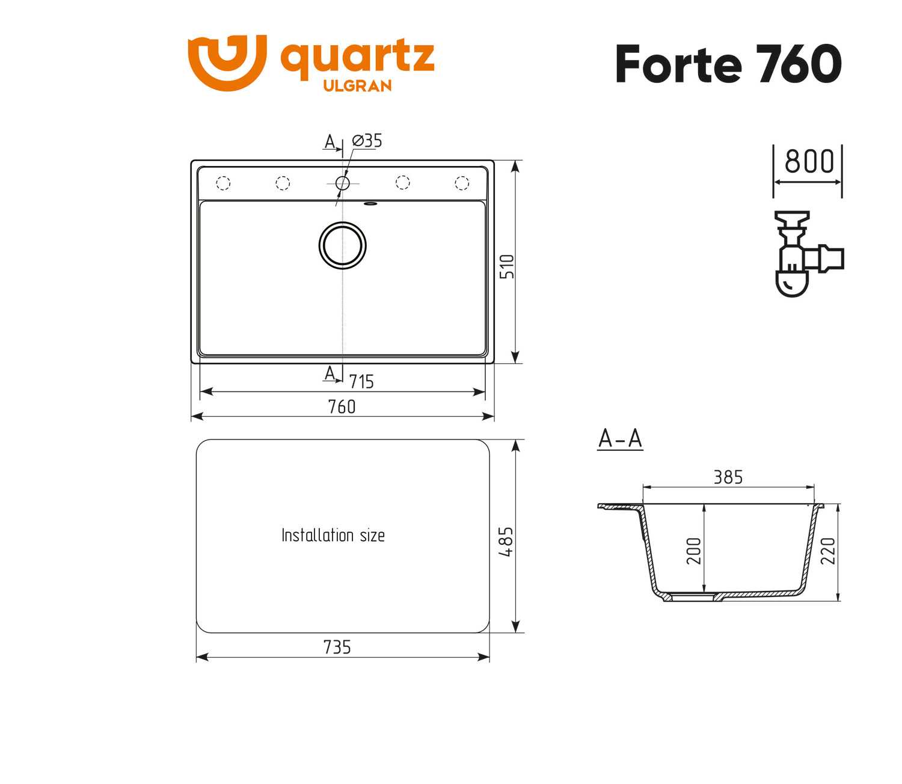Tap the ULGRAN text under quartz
tap(358, 86)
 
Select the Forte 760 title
tap(728, 64)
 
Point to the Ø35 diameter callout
tap(367, 141)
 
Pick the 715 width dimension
tap(361, 382)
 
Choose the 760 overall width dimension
tap(342, 406)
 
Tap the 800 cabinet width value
tap(809, 161)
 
